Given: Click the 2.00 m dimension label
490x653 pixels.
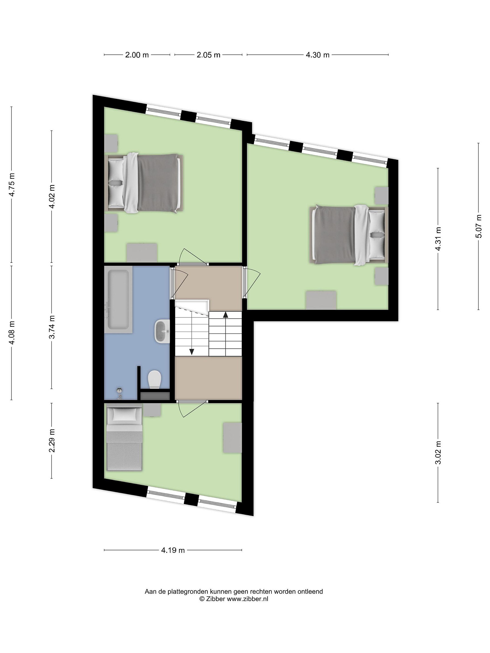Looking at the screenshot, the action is coord(137,55).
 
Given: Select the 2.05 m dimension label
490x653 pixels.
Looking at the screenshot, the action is coord(208,55).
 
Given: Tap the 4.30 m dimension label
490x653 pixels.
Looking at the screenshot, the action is coord(318,55).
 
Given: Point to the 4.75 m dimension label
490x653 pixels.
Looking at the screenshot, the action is coord(12,185).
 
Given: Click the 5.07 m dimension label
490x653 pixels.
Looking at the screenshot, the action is coord(478,226).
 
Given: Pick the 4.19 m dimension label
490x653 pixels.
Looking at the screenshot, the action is coord(173,550).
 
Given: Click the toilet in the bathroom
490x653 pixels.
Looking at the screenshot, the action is coord(154,379).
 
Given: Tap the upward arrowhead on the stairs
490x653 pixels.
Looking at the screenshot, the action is coord(226,315).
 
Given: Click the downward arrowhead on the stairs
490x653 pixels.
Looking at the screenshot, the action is coord(192,352).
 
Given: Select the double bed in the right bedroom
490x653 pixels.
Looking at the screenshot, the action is coord(349,235).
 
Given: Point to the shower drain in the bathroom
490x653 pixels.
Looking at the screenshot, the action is coord(120,391).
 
